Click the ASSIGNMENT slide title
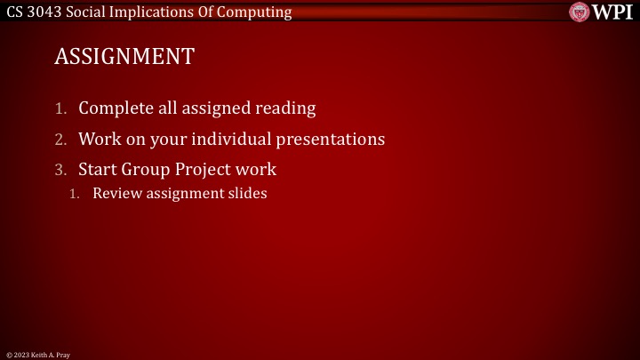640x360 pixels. pos(124,57)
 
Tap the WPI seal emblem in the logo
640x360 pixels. pos(581,12)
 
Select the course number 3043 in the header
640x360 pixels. pos(46,12)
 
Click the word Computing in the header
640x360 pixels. pos(259,12)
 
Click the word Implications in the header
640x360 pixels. pos(159,12)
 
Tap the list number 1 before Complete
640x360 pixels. pos(61,109)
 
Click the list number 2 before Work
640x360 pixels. pos(61,140)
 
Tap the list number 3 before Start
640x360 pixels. pos(61,170)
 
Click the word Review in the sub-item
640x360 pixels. pos(114,193)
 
